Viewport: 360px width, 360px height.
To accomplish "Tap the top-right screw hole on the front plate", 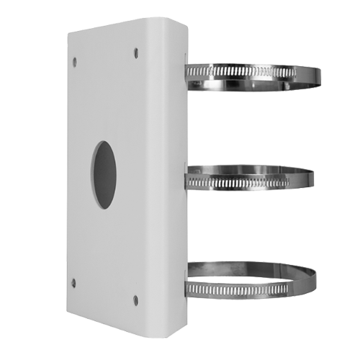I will tap(135, 51).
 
